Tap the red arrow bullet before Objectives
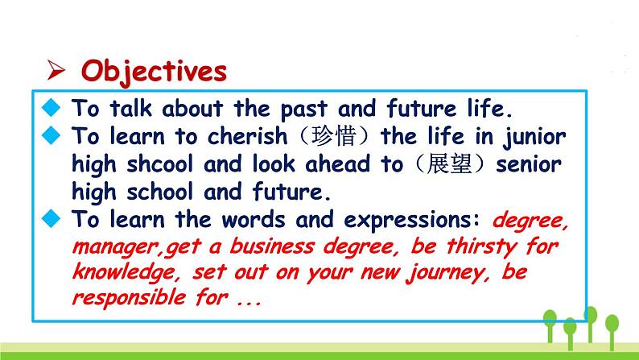coord(56,70)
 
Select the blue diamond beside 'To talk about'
coord(51,108)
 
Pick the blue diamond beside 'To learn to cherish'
coord(51,135)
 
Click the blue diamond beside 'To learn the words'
coord(51,218)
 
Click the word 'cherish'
coord(247,136)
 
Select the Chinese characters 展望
coord(449,164)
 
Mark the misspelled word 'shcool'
coord(159,164)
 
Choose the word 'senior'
coord(529,165)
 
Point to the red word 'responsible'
coord(129,298)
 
